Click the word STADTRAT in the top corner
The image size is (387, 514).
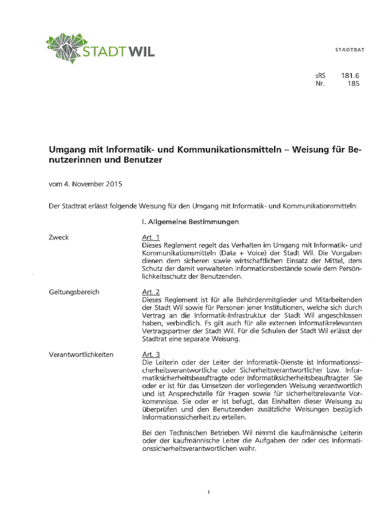[350, 50]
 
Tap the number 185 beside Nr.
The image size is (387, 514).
[353, 84]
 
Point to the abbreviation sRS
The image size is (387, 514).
[320, 76]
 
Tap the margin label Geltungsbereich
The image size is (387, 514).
[74, 292]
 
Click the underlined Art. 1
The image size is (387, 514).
[151, 237]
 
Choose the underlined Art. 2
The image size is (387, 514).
[151, 292]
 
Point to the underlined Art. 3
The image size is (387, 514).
[151, 354]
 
